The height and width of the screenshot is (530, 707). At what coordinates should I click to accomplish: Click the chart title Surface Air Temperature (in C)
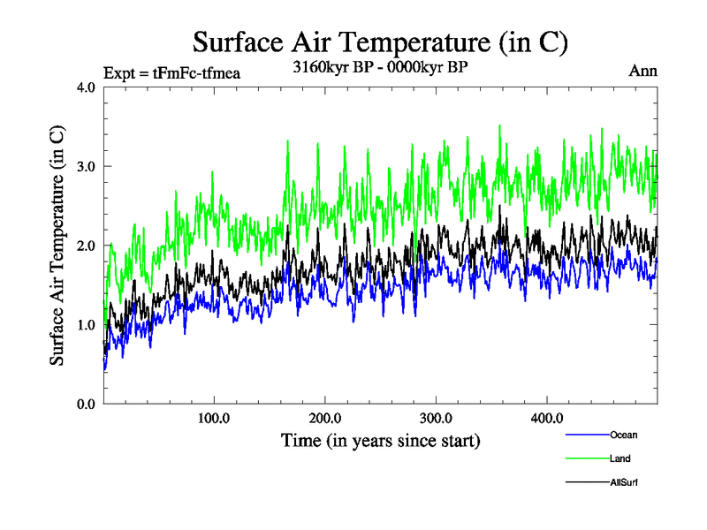[380, 42]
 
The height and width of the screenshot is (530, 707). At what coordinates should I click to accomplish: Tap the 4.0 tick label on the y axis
[87, 87]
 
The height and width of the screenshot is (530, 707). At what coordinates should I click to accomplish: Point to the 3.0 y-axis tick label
[87, 166]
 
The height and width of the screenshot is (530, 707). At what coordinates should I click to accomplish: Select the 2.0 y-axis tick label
[87, 246]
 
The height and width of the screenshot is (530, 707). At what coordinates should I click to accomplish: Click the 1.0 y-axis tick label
[87, 324]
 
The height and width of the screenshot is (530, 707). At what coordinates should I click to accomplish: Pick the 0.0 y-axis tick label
[87, 404]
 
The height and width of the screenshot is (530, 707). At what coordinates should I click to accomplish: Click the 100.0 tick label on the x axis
[214, 418]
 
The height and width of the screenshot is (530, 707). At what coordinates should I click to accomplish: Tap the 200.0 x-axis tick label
[325, 418]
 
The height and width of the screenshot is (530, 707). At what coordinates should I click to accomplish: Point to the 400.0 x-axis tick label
[547, 418]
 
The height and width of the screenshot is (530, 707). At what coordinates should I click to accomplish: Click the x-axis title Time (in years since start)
[380, 440]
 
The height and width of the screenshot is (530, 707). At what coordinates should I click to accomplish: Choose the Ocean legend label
[623, 435]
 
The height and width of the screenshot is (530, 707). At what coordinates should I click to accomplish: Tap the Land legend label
[620, 458]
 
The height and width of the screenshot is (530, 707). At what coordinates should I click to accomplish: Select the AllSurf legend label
[624, 482]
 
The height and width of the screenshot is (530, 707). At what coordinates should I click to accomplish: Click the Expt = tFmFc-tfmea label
[171, 72]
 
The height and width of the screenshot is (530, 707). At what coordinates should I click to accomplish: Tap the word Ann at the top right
[642, 72]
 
